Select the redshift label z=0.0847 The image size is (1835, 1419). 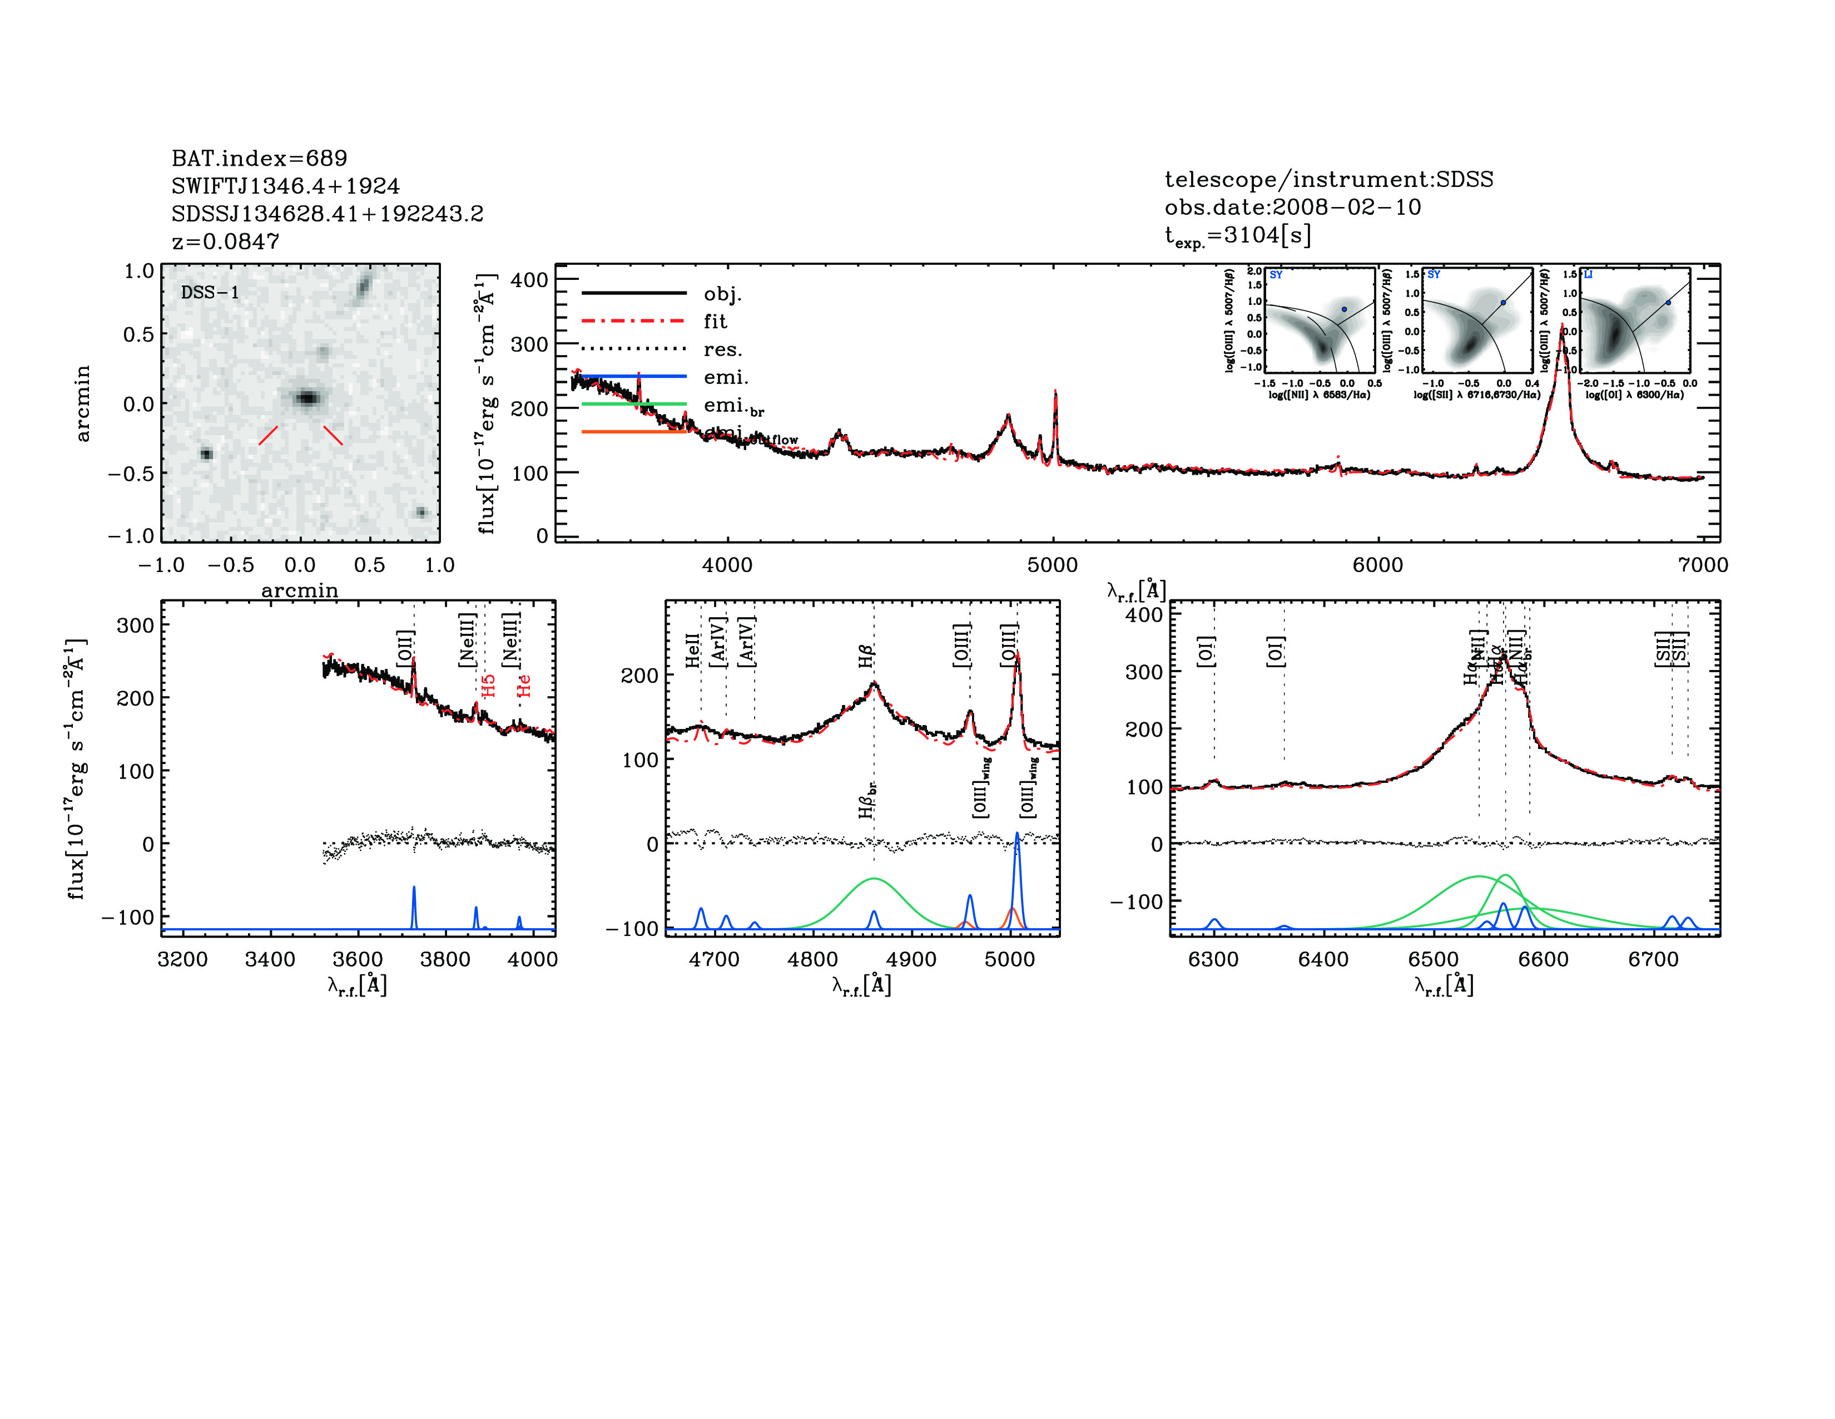[x=225, y=242]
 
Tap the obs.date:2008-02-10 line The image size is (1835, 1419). [x=1292, y=207]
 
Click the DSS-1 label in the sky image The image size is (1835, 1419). [x=210, y=293]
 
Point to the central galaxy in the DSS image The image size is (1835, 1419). [x=308, y=398]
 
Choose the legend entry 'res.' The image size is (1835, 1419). [x=722, y=349]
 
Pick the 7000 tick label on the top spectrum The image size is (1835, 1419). [x=1702, y=565]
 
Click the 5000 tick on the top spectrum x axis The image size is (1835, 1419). [x=1052, y=565]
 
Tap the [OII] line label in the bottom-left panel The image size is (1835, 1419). [x=405, y=648]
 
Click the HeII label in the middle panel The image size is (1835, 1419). [x=692, y=651]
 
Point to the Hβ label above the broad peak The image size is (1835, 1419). [x=866, y=656]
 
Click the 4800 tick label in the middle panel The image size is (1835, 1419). [x=812, y=959]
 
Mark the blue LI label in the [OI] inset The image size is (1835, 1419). [x=1588, y=275]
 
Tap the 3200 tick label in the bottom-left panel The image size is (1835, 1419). [x=182, y=959]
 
